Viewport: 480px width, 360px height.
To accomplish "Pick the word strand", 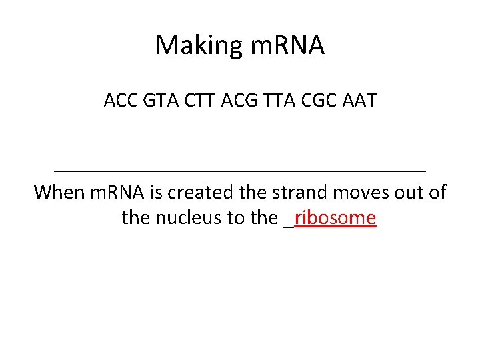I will (x=299, y=193).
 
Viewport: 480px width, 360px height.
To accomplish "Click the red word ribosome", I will (x=335, y=218).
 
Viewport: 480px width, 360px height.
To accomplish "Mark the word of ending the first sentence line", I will (x=437, y=193).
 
